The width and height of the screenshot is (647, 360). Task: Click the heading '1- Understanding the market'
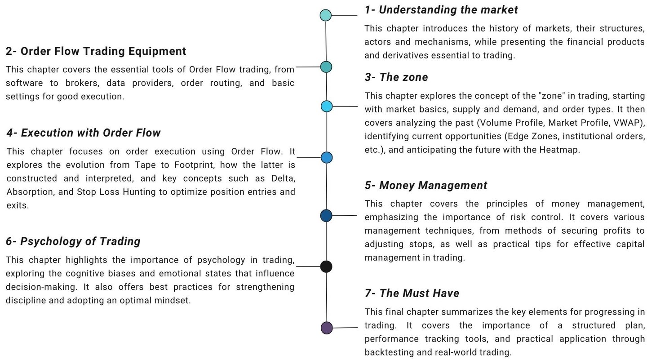pyautogui.click(x=441, y=10)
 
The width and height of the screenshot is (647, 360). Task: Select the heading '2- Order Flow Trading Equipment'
pyautogui.click(x=96, y=51)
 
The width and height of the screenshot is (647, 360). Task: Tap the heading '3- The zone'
pyautogui.click(x=396, y=77)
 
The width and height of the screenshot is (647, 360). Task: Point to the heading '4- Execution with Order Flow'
pyautogui.click(x=84, y=133)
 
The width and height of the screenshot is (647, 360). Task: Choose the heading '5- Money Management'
pyautogui.click(x=426, y=186)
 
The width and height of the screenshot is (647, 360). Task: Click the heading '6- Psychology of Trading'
pyautogui.click(x=73, y=241)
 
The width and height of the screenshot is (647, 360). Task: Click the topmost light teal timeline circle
pyautogui.click(x=326, y=15)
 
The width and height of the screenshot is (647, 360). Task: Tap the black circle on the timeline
pyautogui.click(x=326, y=267)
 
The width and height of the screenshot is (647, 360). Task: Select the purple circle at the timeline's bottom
pyautogui.click(x=327, y=328)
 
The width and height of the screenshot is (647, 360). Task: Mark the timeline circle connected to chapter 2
pyautogui.click(x=326, y=67)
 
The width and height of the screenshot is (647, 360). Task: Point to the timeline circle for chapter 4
pyautogui.click(x=327, y=157)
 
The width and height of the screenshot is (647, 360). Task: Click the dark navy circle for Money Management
pyautogui.click(x=326, y=216)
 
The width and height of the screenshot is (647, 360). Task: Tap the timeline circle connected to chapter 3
pyautogui.click(x=327, y=107)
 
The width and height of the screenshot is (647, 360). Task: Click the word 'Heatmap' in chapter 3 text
pyautogui.click(x=559, y=150)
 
